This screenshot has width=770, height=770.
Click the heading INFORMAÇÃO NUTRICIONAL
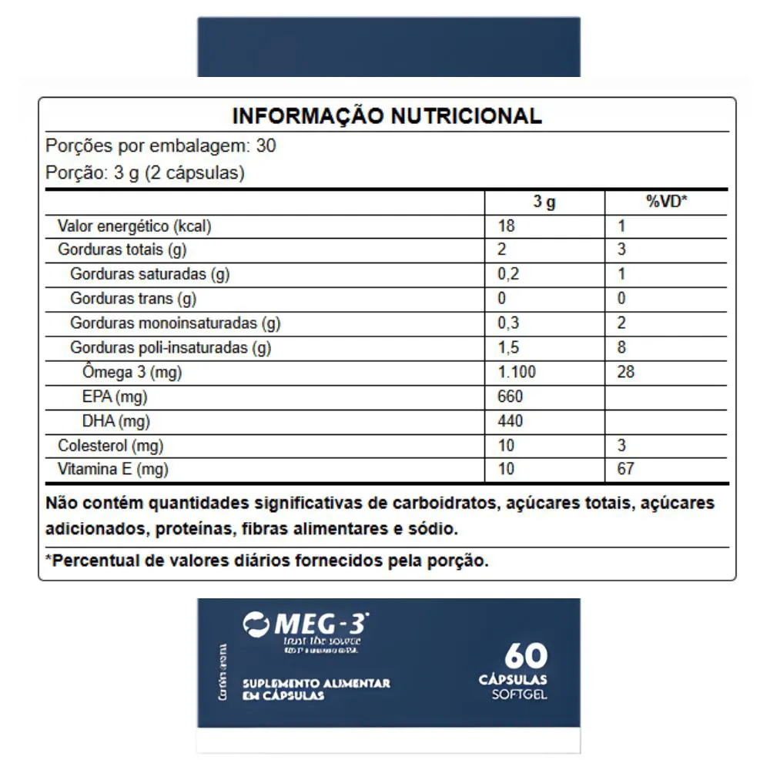point(387,116)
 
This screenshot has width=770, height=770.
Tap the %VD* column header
point(666,203)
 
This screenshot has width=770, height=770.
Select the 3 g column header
point(544,203)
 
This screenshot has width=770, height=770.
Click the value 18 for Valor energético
point(507,226)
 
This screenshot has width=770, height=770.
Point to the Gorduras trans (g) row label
point(133,299)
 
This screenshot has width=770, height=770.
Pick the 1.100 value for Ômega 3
point(517,373)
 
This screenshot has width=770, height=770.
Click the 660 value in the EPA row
point(511,397)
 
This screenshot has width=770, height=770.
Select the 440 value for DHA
point(511,421)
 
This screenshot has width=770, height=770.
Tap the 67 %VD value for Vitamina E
point(626,468)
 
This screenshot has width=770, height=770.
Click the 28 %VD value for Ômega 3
point(626,373)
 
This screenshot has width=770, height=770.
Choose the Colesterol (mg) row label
point(111,445)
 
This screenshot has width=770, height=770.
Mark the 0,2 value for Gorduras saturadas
point(509,274)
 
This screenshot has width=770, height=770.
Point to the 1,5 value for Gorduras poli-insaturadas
point(509,348)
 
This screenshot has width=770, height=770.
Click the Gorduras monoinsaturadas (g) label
point(180,323)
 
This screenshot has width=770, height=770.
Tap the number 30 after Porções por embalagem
point(266,146)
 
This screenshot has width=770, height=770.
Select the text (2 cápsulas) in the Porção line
point(194,172)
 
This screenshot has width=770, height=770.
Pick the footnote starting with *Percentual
point(267,561)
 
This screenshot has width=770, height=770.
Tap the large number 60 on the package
point(526,656)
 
